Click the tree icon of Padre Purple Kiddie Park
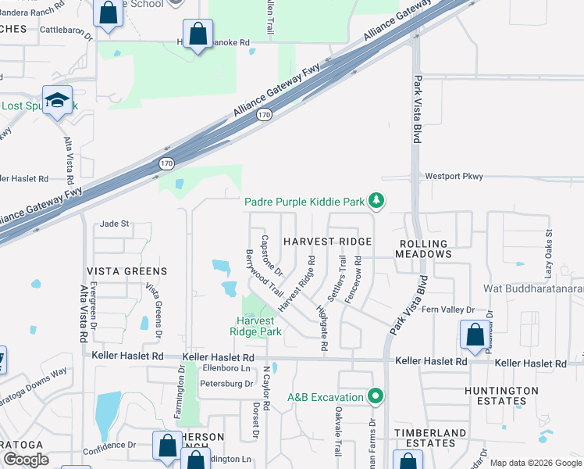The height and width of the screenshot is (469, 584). click(377, 202)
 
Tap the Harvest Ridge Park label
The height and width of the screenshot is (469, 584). click(255, 326)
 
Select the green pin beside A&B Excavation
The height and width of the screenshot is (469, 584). click(376, 397)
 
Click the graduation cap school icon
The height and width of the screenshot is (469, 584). click(58, 100)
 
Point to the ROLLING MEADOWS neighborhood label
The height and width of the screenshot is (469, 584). click(422, 249)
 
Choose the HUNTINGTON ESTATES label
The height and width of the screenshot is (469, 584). click(501, 396)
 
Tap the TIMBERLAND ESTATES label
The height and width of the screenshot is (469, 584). click(430, 438)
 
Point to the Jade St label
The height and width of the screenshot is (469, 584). click(114, 224)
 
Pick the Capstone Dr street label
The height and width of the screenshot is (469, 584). click(272, 256)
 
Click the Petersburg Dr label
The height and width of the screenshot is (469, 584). click(226, 384)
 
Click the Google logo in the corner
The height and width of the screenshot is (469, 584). click(26, 460)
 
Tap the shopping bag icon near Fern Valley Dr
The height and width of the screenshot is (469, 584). click(474, 335)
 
